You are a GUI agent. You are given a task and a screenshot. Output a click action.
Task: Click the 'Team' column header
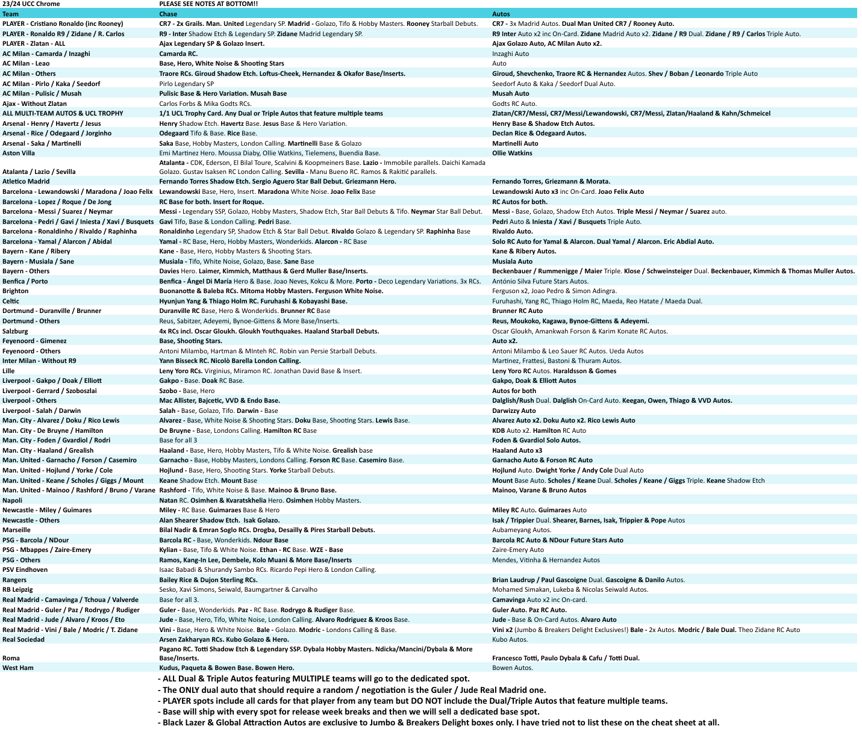pos(10,14)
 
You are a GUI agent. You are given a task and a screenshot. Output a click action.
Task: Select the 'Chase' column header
pos(168,14)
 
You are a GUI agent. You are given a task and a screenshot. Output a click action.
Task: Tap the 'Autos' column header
pos(501,14)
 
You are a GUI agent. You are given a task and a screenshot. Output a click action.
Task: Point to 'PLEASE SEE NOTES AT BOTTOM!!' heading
pos(208,4)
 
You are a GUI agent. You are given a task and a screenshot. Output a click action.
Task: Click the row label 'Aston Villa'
pos(19,153)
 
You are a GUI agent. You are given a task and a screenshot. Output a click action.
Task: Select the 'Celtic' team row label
pos(11,301)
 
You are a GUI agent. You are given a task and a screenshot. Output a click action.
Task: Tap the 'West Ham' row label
pos(18,668)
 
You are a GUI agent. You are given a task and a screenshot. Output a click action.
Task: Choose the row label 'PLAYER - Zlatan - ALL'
pos(34,43)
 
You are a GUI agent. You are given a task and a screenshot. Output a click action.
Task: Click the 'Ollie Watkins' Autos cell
pos(512,153)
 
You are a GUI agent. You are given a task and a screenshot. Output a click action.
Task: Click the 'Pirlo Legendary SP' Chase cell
pos(186,84)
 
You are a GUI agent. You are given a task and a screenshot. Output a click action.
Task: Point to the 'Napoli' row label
pos(13,500)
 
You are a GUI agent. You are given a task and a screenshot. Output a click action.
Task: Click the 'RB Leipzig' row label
pos(17,589)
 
